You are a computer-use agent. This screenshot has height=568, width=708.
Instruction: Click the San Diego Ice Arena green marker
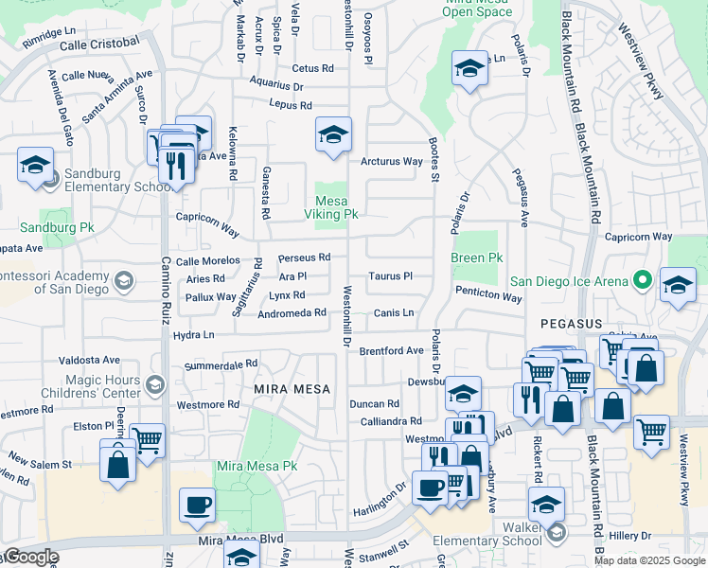click(x=642, y=280)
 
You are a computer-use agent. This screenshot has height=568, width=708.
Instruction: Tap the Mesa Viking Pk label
click(x=336, y=207)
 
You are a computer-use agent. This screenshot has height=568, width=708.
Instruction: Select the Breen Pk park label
click(x=476, y=257)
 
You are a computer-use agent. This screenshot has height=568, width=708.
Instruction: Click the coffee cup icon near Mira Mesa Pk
click(x=197, y=504)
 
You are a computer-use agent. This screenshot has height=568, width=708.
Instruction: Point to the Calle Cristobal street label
click(x=99, y=44)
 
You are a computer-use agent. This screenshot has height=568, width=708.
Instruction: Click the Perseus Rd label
click(x=304, y=257)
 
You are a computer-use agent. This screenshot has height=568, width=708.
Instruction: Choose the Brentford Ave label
click(x=391, y=350)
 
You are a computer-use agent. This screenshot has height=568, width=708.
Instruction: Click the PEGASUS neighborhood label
click(x=572, y=324)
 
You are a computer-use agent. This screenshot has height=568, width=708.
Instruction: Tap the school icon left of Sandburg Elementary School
click(x=35, y=165)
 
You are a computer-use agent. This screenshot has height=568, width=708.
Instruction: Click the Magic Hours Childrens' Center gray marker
click(x=155, y=383)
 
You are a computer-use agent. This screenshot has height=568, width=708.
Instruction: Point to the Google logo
click(x=30, y=557)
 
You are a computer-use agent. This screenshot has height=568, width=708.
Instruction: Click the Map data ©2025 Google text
click(x=649, y=560)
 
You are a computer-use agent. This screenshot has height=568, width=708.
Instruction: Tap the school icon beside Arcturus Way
click(x=333, y=134)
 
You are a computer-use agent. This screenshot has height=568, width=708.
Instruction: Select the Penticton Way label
click(x=487, y=297)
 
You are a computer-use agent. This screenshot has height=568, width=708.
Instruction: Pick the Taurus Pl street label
click(x=391, y=276)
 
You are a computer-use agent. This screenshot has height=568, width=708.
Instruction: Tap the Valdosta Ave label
click(x=89, y=360)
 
